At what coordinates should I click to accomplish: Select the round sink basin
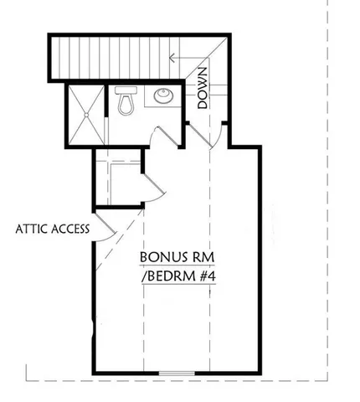[x=163, y=96]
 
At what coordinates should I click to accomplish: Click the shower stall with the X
[x=86, y=114]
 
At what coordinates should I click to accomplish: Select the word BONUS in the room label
[x=161, y=255]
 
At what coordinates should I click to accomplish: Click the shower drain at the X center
[x=86, y=114]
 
